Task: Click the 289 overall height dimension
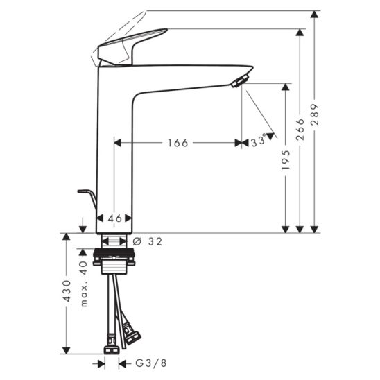click(315, 114)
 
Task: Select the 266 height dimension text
click(300, 130)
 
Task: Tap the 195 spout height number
click(286, 160)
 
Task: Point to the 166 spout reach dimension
click(178, 143)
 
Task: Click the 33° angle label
click(259, 141)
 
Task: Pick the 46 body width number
click(114, 218)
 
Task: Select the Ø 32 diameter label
click(148, 241)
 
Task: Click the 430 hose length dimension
click(67, 291)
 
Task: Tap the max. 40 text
click(84, 284)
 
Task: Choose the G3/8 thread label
click(151, 363)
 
